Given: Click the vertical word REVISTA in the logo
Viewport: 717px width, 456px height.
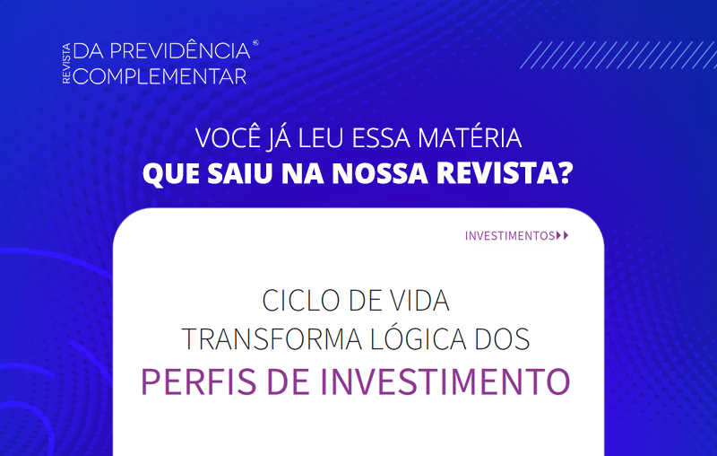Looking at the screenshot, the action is click(x=66, y=63).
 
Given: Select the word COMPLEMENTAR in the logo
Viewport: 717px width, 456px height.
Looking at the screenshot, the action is click(x=160, y=76).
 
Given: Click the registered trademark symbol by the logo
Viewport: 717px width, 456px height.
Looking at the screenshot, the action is click(x=255, y=43).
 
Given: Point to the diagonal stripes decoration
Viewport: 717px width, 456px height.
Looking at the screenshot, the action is click(x=618, y=55).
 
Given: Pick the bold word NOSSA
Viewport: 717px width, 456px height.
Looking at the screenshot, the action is click(x=379, y=173).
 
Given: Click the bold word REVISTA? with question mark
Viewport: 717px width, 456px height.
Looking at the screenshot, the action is click(x=505, y=173).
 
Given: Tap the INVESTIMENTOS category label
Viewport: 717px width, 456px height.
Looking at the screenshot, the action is click(x=510, y=236).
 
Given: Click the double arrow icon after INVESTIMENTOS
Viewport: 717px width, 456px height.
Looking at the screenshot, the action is click(x=563, y=235).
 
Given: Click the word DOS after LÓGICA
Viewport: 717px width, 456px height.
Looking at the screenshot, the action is click(x=502, y=339).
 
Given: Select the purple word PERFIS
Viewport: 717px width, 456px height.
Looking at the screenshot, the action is click(x=198, y=381).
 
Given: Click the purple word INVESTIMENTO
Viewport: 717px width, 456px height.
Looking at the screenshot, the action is click(x=445, y=381).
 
